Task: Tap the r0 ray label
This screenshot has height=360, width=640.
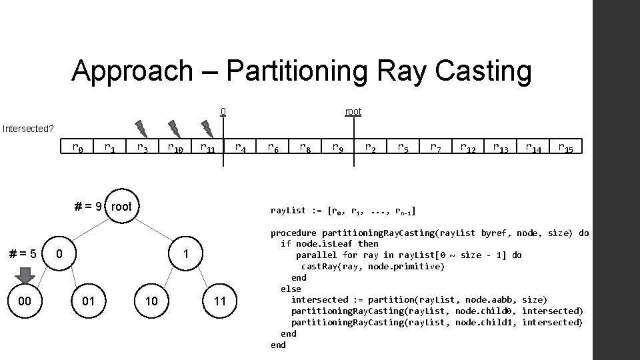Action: [x=78, y=147]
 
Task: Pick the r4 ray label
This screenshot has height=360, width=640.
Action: [x=241, y=147]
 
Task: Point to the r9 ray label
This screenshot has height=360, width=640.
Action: [x=339, y=147]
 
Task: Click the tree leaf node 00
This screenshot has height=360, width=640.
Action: [x=25, y=301]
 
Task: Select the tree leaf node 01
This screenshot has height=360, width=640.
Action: [x=88, y=301]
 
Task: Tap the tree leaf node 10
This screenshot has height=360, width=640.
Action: [x=151, y=301]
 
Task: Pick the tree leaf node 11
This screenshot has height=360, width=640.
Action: [x=220, y=301]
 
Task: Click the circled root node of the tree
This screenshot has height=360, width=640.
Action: [x=121, y=206]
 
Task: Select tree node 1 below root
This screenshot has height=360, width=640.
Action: [x=187, y=254]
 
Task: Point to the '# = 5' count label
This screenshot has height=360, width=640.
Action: [x=23, y=254]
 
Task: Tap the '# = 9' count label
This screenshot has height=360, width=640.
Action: [x=88, y=207]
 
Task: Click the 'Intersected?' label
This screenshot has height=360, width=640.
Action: [x=27, y=128]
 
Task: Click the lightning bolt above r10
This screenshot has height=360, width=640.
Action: [x=174, y=127]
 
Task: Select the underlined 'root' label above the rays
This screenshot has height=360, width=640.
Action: [x=353, y=111]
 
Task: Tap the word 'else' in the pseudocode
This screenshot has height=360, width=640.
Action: [x=291, y=289]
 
